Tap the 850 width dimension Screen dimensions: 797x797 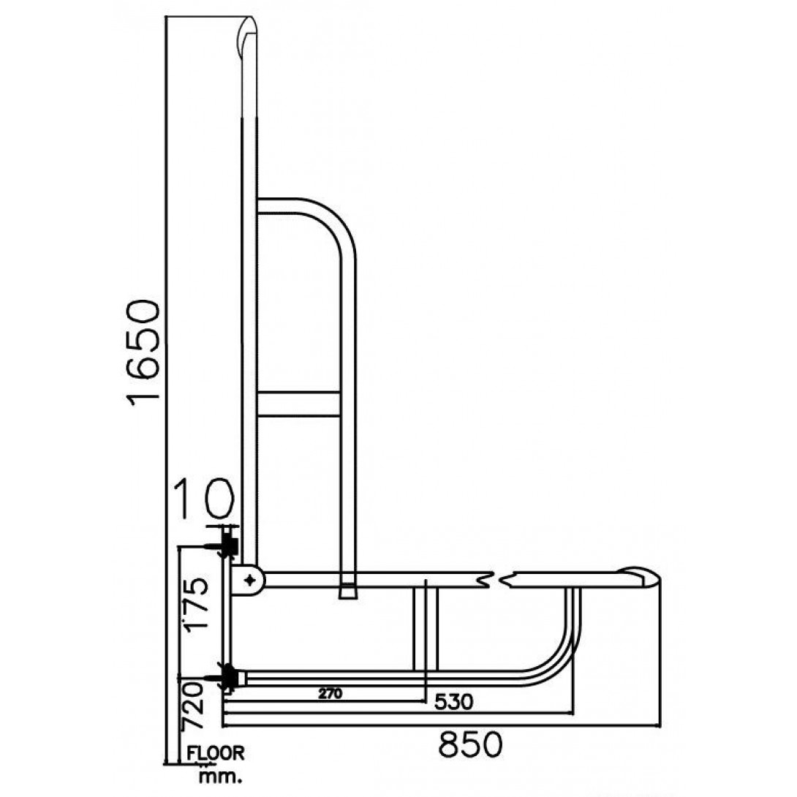[471, 745]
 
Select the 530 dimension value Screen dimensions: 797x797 [454, 702]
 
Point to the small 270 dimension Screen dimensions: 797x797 [330, 693]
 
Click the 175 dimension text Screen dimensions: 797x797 [196, 605]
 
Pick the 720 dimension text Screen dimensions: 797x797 [192, 706]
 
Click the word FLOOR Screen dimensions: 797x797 [216, 753]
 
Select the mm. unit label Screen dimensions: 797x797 [220, 776]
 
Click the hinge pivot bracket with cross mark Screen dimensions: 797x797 [248, 579]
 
